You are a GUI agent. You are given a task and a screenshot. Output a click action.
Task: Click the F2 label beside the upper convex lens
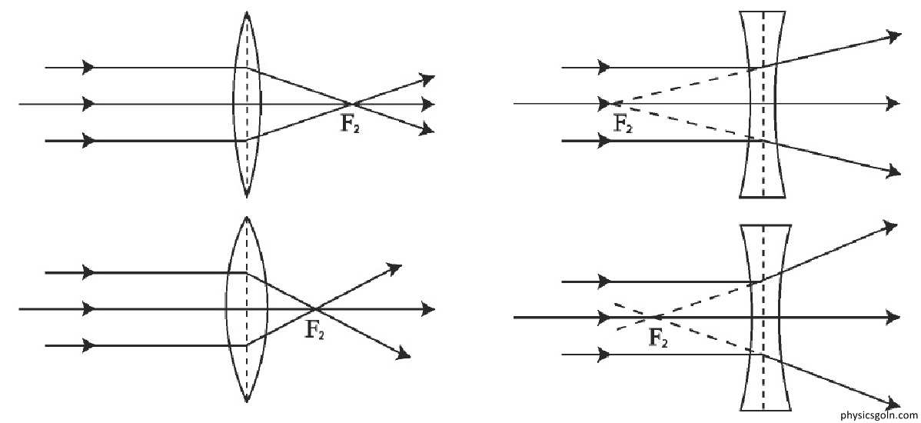click(x=350, y=125)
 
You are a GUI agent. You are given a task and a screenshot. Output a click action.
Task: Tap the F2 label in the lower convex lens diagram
click(x=314, y=330)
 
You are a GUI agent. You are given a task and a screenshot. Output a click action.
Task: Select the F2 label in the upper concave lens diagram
click(x=623, y=124)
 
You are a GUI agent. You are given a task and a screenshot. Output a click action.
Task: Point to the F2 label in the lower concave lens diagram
click(x=658, y=338)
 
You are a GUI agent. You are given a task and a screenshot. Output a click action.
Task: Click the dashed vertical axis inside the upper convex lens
click(x=248, y=104)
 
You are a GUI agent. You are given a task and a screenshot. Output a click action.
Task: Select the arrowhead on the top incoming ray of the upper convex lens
click(x=88, y=67)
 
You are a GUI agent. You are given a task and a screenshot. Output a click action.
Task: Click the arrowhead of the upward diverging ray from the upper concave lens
click(x=895, y=37)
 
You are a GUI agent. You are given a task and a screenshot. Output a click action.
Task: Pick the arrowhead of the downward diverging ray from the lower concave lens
click(x=893, y=404)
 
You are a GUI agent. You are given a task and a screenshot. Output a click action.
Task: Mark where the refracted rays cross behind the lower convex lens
click(x=315, y=308)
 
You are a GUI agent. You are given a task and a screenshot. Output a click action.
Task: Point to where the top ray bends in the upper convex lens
click(x=248, y=68)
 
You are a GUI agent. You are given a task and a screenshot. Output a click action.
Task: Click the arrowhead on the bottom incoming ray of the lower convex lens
click(x=88, y=345)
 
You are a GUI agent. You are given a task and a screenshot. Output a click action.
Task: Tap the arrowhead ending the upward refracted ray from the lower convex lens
click(x=394, y=269)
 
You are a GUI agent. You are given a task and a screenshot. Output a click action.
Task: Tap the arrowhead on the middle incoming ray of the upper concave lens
click(x=604, y=104)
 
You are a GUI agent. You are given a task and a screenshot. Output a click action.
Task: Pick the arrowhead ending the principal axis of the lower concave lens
click(x=893, y=318)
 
